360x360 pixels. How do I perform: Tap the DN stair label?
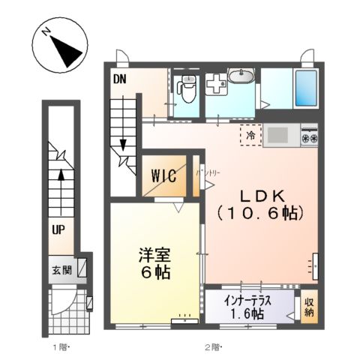pos(119,78)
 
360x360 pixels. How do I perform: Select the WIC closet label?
pos(163,176)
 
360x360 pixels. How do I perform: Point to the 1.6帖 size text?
pos(247,313)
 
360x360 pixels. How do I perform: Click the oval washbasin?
pos(241,77)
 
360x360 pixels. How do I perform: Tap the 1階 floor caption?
pos(61,347)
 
